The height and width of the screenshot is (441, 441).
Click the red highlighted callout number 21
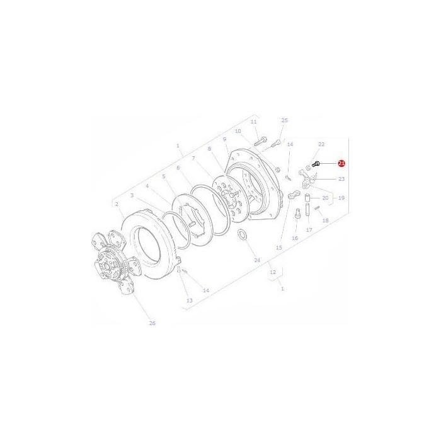click(341, 163)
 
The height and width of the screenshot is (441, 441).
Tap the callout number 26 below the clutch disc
click(152, 323)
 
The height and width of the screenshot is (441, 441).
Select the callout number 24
click(257, 260)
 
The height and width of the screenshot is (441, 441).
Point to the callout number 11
click(254, 122)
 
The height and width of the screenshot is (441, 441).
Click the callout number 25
click(284, 120)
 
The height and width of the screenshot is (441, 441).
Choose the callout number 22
click(321, 144)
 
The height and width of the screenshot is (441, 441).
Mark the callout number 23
click(341, 179)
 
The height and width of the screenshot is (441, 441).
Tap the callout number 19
click(341, 198)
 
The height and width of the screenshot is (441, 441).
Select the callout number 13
click(188, 301)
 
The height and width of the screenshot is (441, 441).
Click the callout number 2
click(117, 204)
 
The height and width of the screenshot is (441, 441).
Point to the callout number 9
click(224, 139)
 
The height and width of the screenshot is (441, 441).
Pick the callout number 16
click(294, 238)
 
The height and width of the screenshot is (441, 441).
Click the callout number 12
click(272, 273)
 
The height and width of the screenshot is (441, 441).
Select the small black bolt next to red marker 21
click(316, 164)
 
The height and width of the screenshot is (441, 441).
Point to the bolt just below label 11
click(262, 139)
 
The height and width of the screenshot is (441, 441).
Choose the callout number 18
click(326, 220)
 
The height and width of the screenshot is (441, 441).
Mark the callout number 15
click(279, 248)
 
